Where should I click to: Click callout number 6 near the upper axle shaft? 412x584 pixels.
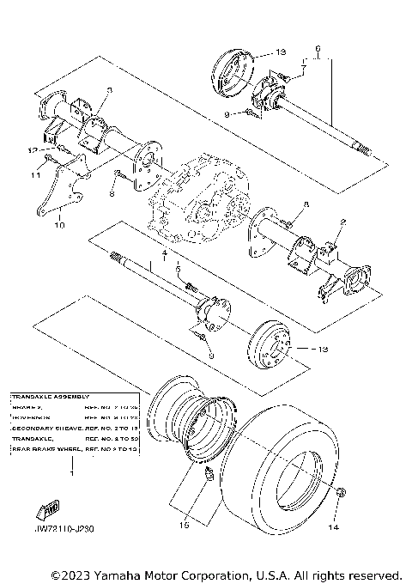(318, 48)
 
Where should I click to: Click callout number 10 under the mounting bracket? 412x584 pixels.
(59, 227)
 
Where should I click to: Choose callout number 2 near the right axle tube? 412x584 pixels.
(342, 221)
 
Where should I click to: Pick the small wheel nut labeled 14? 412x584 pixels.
(341, 494)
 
